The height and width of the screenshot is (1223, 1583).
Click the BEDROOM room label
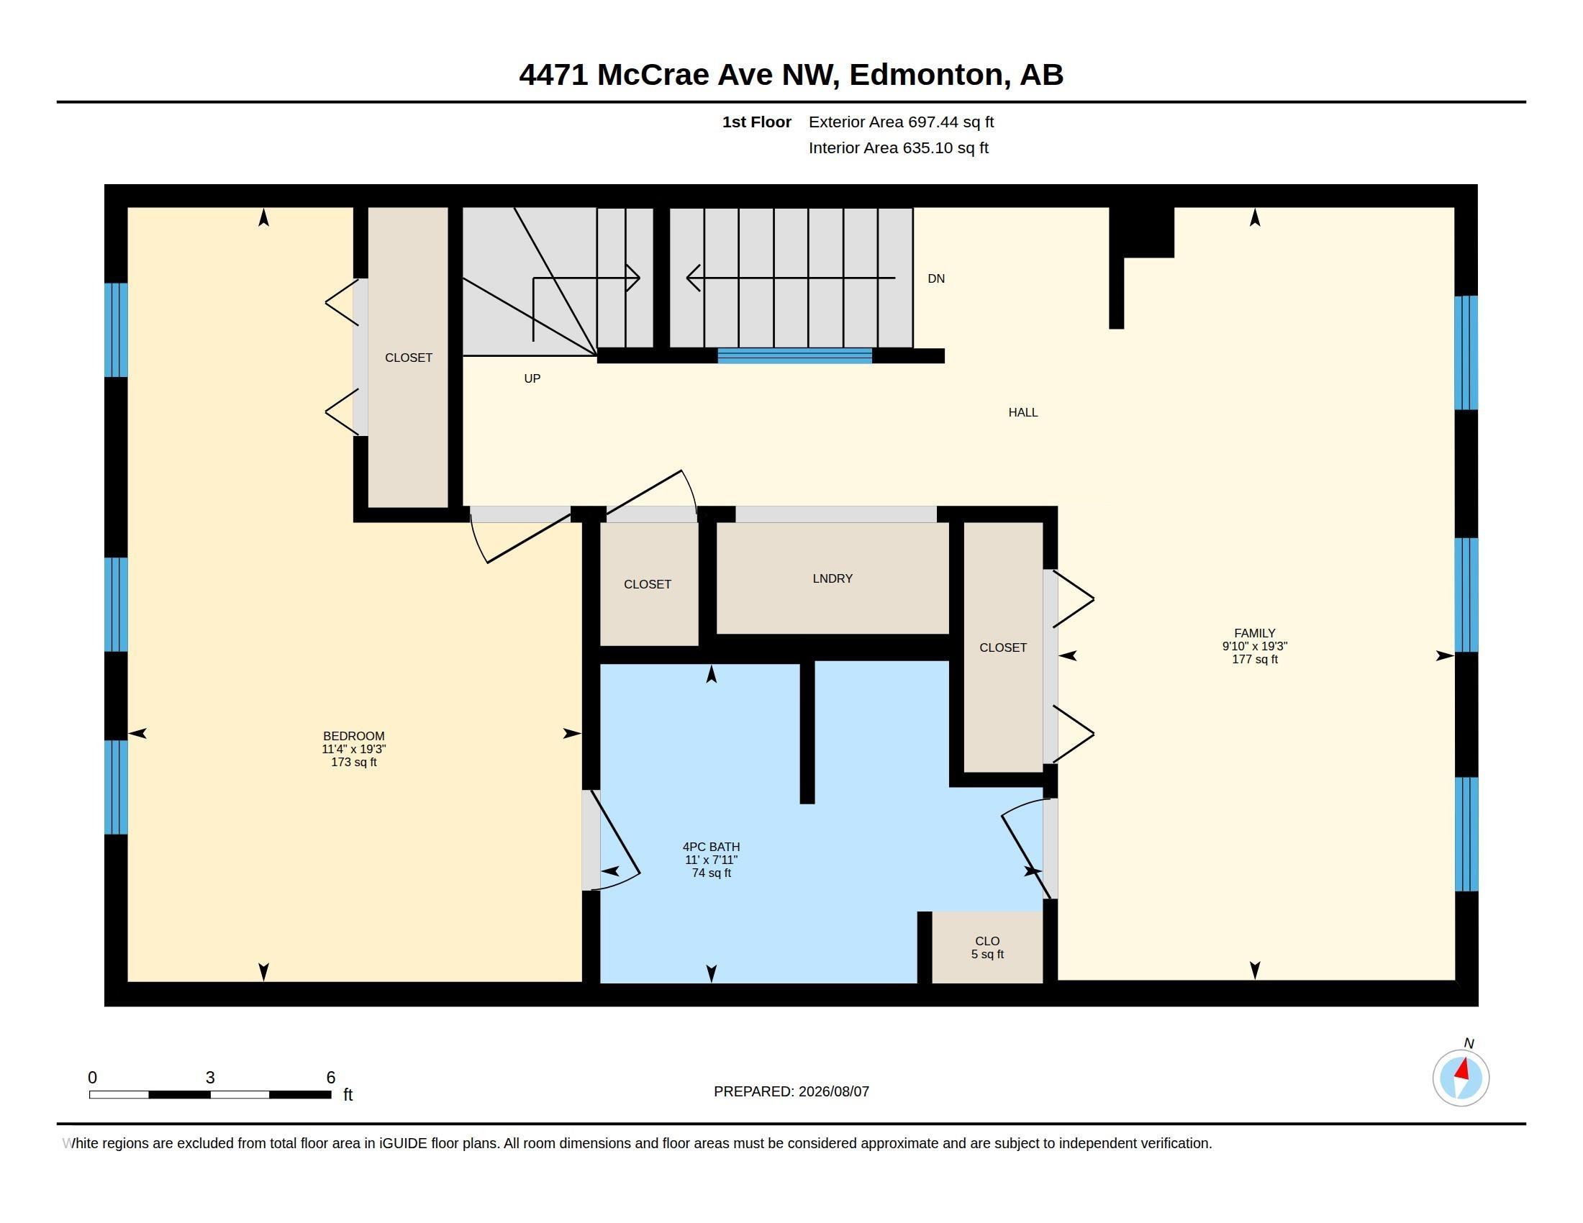coord(354,736)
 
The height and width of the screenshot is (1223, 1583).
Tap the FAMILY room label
coord(1255,633)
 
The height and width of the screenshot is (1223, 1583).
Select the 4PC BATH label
coord(711,847)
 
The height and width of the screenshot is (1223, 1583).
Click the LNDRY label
coord(832,579)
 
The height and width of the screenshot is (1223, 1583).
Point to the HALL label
coord(1022,412)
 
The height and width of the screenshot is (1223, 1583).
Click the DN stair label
coord(935,279)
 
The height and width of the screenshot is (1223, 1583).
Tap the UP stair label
coord(532,379)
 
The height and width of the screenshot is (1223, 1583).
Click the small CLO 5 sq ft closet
coord(987,947)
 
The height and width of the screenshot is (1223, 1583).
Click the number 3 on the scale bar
coord(210,1078)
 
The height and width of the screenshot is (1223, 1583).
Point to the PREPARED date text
coord(791,1092)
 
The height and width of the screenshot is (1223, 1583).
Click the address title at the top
coord(791,75)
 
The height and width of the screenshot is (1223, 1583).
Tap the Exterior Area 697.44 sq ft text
coord(901,122)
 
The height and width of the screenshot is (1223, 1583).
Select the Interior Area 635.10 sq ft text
coord(898,148)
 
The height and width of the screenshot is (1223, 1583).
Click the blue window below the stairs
coord(794,355)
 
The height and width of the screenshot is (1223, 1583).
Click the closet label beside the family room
coord(1002,647)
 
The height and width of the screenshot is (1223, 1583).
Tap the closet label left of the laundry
coord(648,585)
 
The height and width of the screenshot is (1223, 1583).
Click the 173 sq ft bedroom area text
coord(354,762)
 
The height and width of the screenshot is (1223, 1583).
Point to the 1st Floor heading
coord(756,122)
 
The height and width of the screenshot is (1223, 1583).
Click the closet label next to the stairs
coord(408,358)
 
